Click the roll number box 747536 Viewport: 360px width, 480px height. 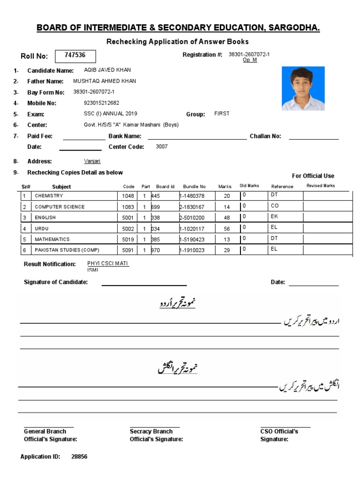click(75, 56)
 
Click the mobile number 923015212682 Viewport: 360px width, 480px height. click(101, 103)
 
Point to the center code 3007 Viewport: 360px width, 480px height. click(161, 147)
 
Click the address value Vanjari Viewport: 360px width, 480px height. click(92, 161)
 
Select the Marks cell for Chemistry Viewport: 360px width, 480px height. click(227, 196)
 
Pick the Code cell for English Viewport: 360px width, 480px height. click(128, 217)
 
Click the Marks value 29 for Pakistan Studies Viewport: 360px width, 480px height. click(227, 250)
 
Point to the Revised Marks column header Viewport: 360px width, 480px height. click(321, 186)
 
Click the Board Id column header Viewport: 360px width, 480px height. click(165, 187)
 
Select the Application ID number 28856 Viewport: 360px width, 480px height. click(79, 457)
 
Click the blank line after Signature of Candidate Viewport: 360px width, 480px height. click(144, 284)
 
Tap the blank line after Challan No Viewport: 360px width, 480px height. click(313, 139)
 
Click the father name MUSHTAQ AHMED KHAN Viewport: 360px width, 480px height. click(105, 81)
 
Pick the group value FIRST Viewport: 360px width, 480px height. click(222, 113)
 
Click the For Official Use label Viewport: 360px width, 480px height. click(313, 176)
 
